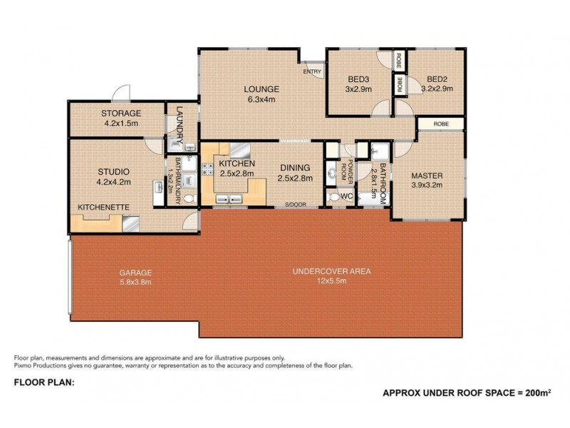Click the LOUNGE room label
pos(261,89)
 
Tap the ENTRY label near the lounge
pos(311,72)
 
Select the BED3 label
pos(359,79)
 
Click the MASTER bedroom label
pos(427,176)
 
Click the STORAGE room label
pos(121,113)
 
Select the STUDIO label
pos(113,171)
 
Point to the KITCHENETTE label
pos(103,207)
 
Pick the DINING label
pos(295,168)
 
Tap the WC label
pos(347,195)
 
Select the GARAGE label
pos(135,272)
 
